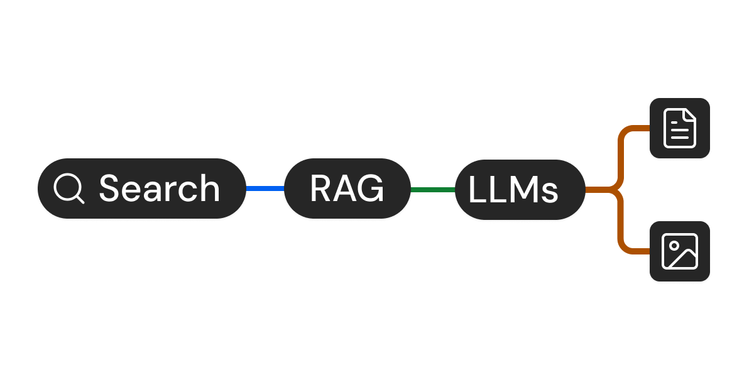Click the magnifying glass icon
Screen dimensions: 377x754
(68, 188)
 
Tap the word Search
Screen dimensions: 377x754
(160, 188)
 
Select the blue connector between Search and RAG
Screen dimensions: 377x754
(265, 188)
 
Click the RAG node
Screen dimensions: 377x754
(347, 189)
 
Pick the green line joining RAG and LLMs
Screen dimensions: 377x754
(433, 189)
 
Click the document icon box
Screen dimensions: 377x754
(680, 129)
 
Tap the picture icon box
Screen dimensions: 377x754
(680, 251)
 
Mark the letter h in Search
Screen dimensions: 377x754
(209, 188)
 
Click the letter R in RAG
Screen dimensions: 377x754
(322, 189)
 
